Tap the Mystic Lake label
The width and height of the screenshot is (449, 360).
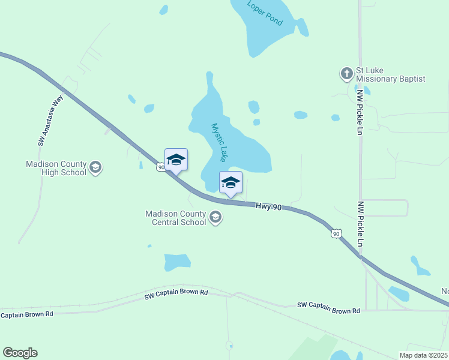(x=218, y=142)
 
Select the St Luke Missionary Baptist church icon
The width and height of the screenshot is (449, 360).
(x=346, y=74)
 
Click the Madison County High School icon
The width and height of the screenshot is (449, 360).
(x=95, y=168)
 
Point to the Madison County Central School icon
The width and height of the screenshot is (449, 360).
(x=215, y=217)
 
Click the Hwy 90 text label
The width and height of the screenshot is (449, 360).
(x=268, y=206)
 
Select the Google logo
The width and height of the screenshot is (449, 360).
(x=20, y=353)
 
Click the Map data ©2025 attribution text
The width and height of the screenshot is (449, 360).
(x=424, y=355)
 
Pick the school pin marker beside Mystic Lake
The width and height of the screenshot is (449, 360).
(x=231, y=182)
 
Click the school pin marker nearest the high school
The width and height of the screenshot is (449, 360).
(x=176, y=160)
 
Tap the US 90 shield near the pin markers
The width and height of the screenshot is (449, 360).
(x=161, y=167)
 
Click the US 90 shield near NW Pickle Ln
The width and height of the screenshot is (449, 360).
(x=336, y=233)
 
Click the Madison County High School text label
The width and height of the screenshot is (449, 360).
(x=56, y=168)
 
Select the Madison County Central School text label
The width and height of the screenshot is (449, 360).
(x=175, y=218)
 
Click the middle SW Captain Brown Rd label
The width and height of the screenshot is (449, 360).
(x=176, y=294)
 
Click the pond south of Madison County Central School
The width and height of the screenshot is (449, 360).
(x=176, y=262)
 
